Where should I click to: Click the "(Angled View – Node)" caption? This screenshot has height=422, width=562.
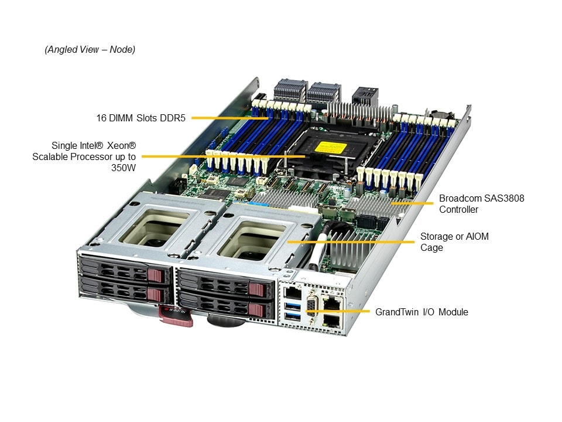tap(90, 49)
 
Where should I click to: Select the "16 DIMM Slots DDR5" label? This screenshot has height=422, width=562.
tap(141, 118)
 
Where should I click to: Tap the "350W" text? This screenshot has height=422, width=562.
tap(124, 168)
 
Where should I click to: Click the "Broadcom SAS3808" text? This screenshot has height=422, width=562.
tap(481, 199)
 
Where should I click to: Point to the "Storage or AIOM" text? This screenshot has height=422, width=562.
tap(454, 236)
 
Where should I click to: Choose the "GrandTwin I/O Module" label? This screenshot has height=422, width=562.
tap(421, 312)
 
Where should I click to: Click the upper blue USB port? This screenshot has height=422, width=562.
tap(293, 306)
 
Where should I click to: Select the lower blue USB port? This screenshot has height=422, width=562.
tap(293, 316)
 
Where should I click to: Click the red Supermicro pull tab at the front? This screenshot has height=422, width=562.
tap(176, 315)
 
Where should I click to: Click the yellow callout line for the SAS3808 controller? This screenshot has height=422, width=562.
tap(412, 203)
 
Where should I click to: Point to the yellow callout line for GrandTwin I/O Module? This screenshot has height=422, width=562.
tap(338, 311)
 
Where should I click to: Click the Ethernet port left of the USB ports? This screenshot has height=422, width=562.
tap(293, 292)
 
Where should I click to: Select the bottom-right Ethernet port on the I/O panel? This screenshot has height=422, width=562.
tap(331, 320)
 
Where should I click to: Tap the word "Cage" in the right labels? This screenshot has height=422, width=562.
tap(431, 248)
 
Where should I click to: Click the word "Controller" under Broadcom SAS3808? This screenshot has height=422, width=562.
tap(458, 210)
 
